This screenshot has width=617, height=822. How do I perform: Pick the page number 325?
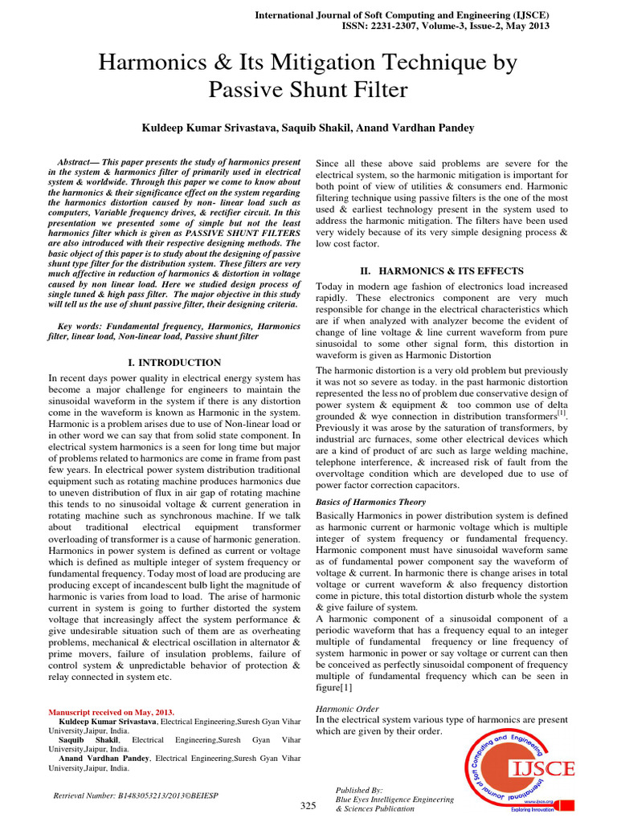point(308,806)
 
